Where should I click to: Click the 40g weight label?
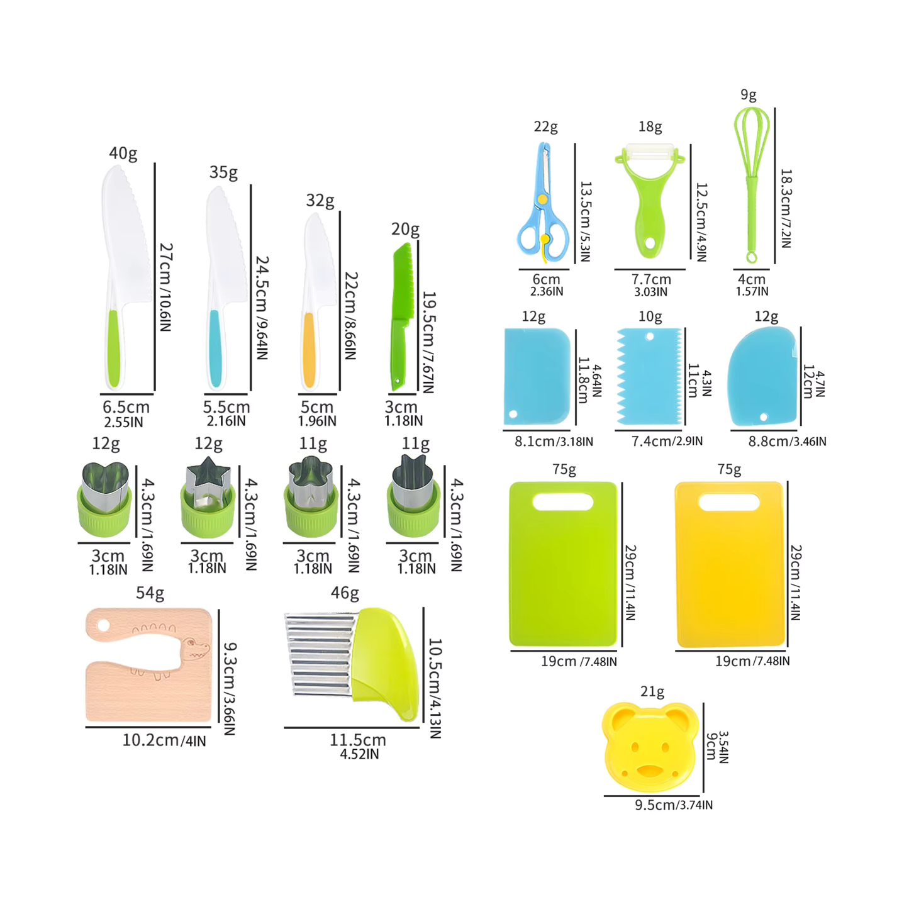click(123, 153)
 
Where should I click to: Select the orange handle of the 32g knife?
click(309, 350)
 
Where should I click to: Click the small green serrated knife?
click(403, 316)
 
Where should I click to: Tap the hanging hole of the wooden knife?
click(103, 627)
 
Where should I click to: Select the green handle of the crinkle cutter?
click(386, 664)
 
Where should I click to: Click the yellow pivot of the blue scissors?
click(542, 199)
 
